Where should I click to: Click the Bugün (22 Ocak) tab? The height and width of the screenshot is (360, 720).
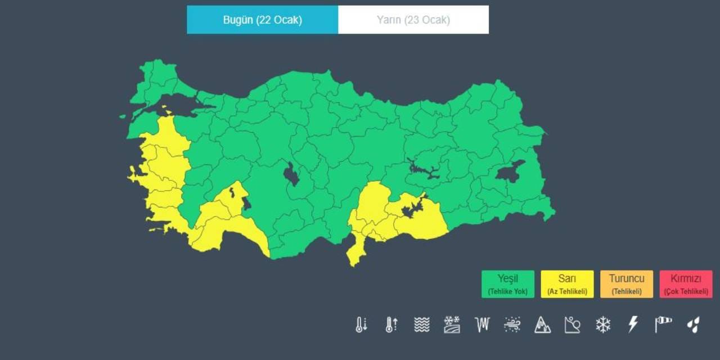[262, 20]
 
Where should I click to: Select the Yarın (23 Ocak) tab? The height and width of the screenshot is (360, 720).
[413, 20]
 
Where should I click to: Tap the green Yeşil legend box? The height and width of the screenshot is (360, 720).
[507, 284]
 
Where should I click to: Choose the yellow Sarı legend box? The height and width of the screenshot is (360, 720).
[567, 284]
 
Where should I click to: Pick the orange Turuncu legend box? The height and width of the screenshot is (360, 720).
[626, 284]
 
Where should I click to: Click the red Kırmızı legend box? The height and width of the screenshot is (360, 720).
[686, 284]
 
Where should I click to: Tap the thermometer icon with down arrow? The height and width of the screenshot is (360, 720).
[361, 325]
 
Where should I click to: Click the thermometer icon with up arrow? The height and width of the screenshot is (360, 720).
[391, 325]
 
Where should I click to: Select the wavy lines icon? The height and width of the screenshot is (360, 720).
[422, 325]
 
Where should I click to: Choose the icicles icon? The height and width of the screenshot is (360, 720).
[482, 325]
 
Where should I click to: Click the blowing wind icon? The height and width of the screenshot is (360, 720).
[512, 325]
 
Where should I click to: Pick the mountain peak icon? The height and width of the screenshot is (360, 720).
[542, 325]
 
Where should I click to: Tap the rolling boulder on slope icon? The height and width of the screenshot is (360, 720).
[573, 325]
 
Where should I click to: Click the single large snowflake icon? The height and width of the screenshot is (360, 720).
[603, 325]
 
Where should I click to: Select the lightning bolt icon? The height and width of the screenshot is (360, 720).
[633, 325]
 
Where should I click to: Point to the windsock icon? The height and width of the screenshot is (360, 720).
[663, 325]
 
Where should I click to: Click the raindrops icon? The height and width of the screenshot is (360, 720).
[694, 325]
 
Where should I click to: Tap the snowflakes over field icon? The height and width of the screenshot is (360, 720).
[452, 325]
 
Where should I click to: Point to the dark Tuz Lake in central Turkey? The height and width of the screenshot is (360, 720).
[291, 174]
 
